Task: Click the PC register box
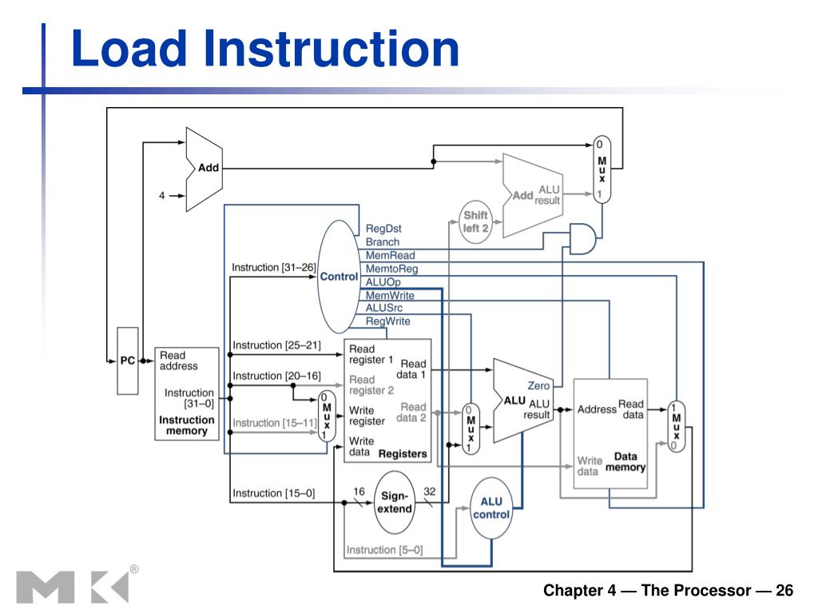[128, 361]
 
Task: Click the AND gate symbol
[582, 239]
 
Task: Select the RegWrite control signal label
[387, 321]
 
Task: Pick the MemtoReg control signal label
[391, 269]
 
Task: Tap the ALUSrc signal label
[384, 308]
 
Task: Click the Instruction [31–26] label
[274, 267]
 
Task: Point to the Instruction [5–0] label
[384, 550]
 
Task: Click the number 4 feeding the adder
[161, 195]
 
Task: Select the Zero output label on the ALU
[538, 385]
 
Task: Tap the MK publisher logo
[72, 588]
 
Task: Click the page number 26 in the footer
[784, 590]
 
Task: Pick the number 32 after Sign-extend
[429, 492]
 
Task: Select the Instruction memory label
[187, 425]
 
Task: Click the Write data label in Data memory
[590, 466]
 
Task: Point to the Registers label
[403, 454]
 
